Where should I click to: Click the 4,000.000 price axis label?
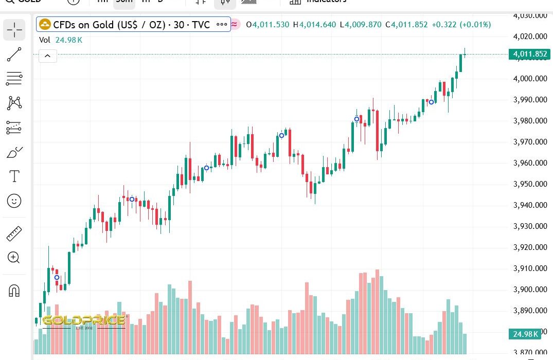click(530, 78)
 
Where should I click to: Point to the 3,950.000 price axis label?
click(530, 184)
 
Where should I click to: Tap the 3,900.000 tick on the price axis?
click(530, 290)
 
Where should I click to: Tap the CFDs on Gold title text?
click(131, 24)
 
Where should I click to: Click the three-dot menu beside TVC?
click(222, 24)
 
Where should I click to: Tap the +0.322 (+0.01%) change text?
click(461, 24)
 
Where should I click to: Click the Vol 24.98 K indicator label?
click(60, 40)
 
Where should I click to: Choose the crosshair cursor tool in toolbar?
click(14, 30)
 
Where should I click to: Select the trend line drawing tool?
click(14, 55)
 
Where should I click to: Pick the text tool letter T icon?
click(14, 176)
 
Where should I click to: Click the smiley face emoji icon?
click(14, 201)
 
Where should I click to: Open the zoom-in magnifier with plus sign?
click(14, 258)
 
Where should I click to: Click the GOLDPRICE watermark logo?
click(84, 321)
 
